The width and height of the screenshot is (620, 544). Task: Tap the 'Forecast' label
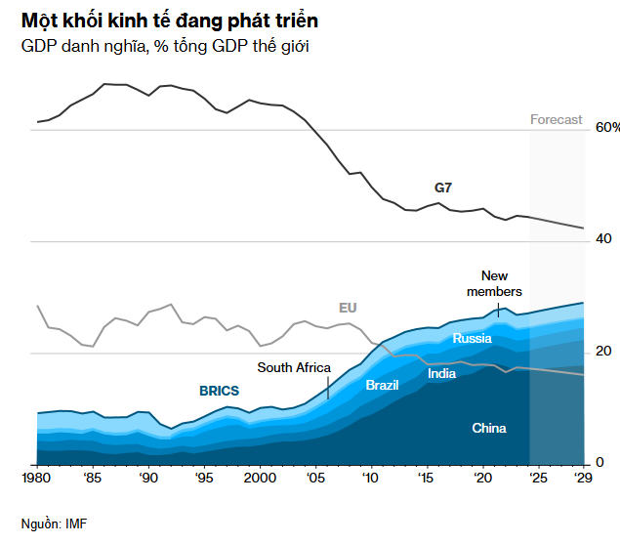[x=556, y=120]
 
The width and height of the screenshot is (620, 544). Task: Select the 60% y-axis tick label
[x=607, y=128]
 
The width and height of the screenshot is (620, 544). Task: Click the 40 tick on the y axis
[x=603, y=239]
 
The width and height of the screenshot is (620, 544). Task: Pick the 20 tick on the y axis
[x=603, y=352]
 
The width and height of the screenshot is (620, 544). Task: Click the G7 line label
[x=443, y=187]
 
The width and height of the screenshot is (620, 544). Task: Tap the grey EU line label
[x=348, y=308]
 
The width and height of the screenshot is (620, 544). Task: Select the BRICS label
[x=219, y=391]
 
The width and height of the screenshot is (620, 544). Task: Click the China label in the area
[x=489, y=428]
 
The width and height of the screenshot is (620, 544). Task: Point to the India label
[x=441, y=373]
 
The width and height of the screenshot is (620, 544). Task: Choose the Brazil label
[x=382, y=385]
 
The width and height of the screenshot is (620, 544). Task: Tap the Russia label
[x=472, y=339]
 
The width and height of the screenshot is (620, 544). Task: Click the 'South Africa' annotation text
[x=294, y=367]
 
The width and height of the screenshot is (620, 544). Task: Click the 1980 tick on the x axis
[x=37, y=478]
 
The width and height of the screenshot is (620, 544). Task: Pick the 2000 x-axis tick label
[x=260, y=478]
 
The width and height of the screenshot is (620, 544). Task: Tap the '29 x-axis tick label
[x=583, y=478]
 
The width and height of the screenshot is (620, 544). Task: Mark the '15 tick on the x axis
[x=426, y=478]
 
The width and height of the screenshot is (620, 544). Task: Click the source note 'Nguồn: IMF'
[x=55, y=523]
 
